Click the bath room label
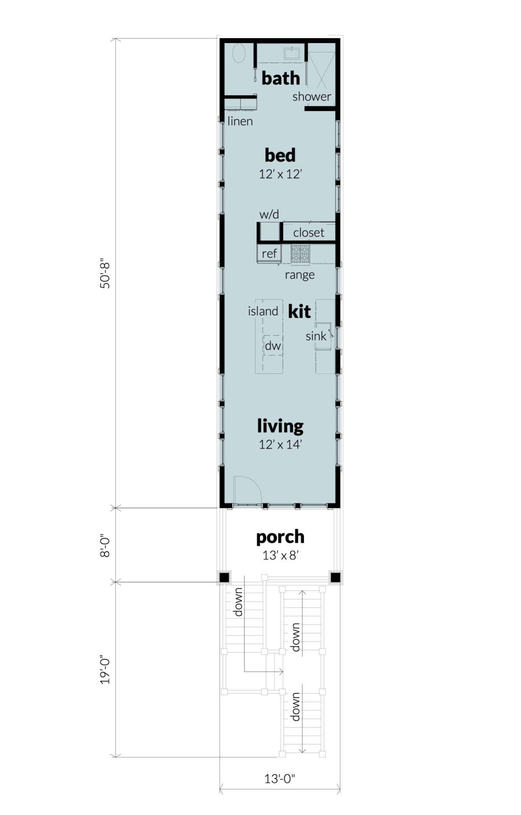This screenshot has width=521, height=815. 280,79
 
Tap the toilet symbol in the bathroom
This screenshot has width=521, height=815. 239,54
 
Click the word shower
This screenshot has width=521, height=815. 311,96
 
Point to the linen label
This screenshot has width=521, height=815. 240,121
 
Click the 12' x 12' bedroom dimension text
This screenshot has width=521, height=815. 280,174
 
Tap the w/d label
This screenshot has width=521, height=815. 269,214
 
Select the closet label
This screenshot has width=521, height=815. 308,233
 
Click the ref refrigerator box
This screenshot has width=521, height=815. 269,253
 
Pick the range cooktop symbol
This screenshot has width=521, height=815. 300,254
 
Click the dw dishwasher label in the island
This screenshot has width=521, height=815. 273,346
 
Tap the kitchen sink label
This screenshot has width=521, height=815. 316,336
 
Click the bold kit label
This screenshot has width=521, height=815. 299,311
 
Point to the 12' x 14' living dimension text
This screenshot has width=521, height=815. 280,444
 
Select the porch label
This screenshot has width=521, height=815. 280,537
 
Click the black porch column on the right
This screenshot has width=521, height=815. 335,577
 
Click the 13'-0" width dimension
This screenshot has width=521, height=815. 280,779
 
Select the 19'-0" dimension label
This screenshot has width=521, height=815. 106,670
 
